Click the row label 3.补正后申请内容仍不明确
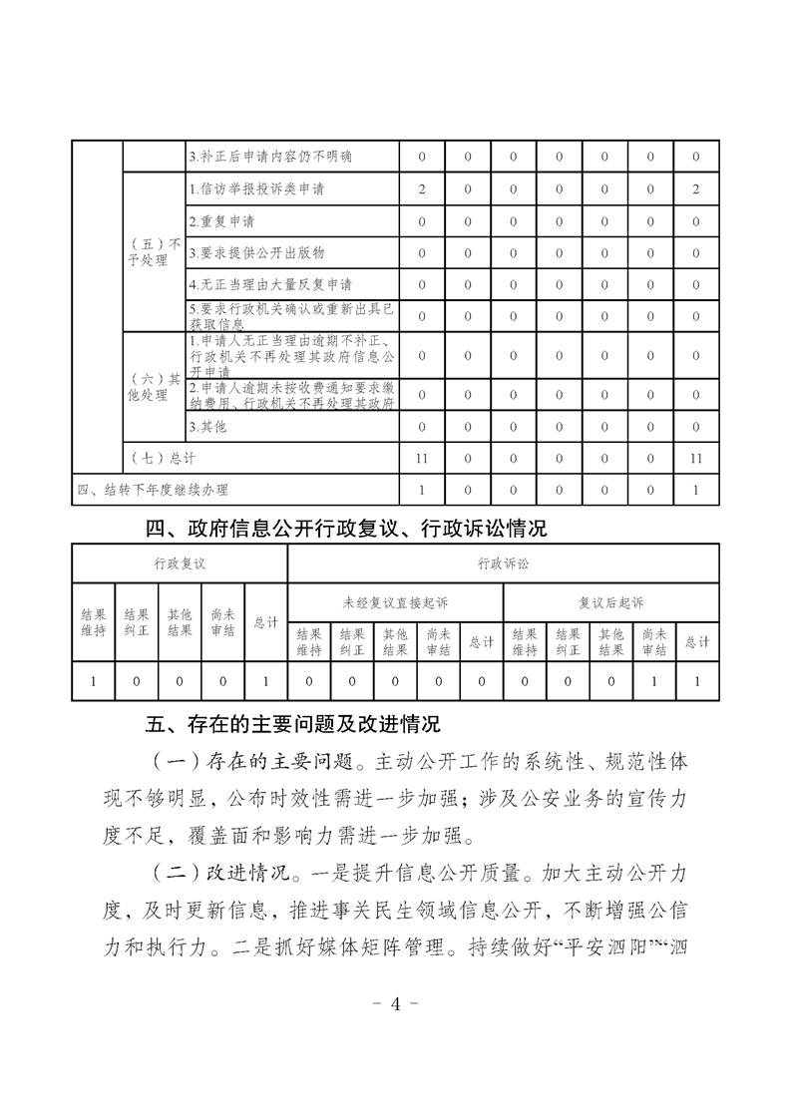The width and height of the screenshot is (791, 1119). click(x=269, y=157)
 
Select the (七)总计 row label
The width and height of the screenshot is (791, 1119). click(x=164, y=458)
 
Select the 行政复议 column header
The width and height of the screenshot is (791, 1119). click(x=180, y=563)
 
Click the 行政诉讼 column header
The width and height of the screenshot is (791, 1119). click(x=504, y=563)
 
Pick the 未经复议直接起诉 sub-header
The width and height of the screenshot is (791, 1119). click(x=396, y=602)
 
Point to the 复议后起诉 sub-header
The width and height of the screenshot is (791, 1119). click(x=611, y=602)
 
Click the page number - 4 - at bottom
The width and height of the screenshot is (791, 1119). click(x=396, y=1003)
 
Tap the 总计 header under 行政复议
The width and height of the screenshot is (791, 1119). click(x=266, y=622)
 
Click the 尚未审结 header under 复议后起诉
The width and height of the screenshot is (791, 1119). click(x=654, y=642)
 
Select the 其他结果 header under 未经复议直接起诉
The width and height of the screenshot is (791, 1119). click(x=396, y=642)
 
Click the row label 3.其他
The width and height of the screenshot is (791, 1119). click(x=207, y=426)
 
